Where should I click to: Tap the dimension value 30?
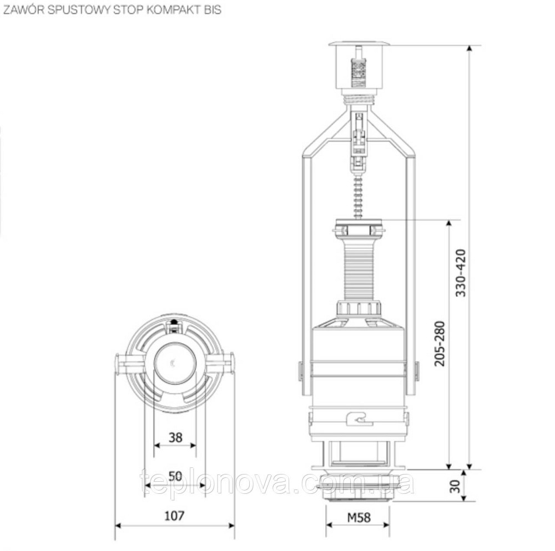coord(455,486)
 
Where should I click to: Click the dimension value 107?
coord(174,515)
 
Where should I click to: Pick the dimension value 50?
coord(174,475)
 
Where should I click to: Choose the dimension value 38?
coord(175,437)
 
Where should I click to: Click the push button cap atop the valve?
coord(360,44)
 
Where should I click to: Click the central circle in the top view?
coord(174,363)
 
